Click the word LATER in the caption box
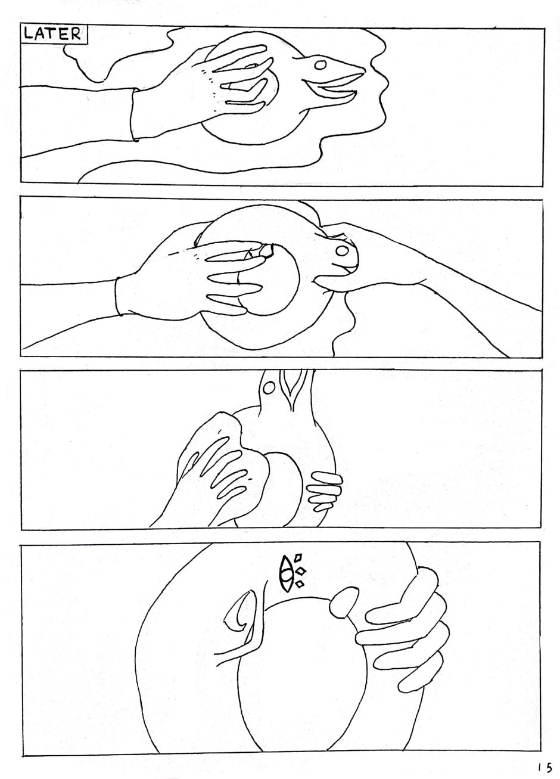coord(52,34)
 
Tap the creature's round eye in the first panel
coord(321,65)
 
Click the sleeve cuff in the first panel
coord(135,115)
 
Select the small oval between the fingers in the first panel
coord(251,66)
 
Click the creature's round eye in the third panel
coord(267,388)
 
